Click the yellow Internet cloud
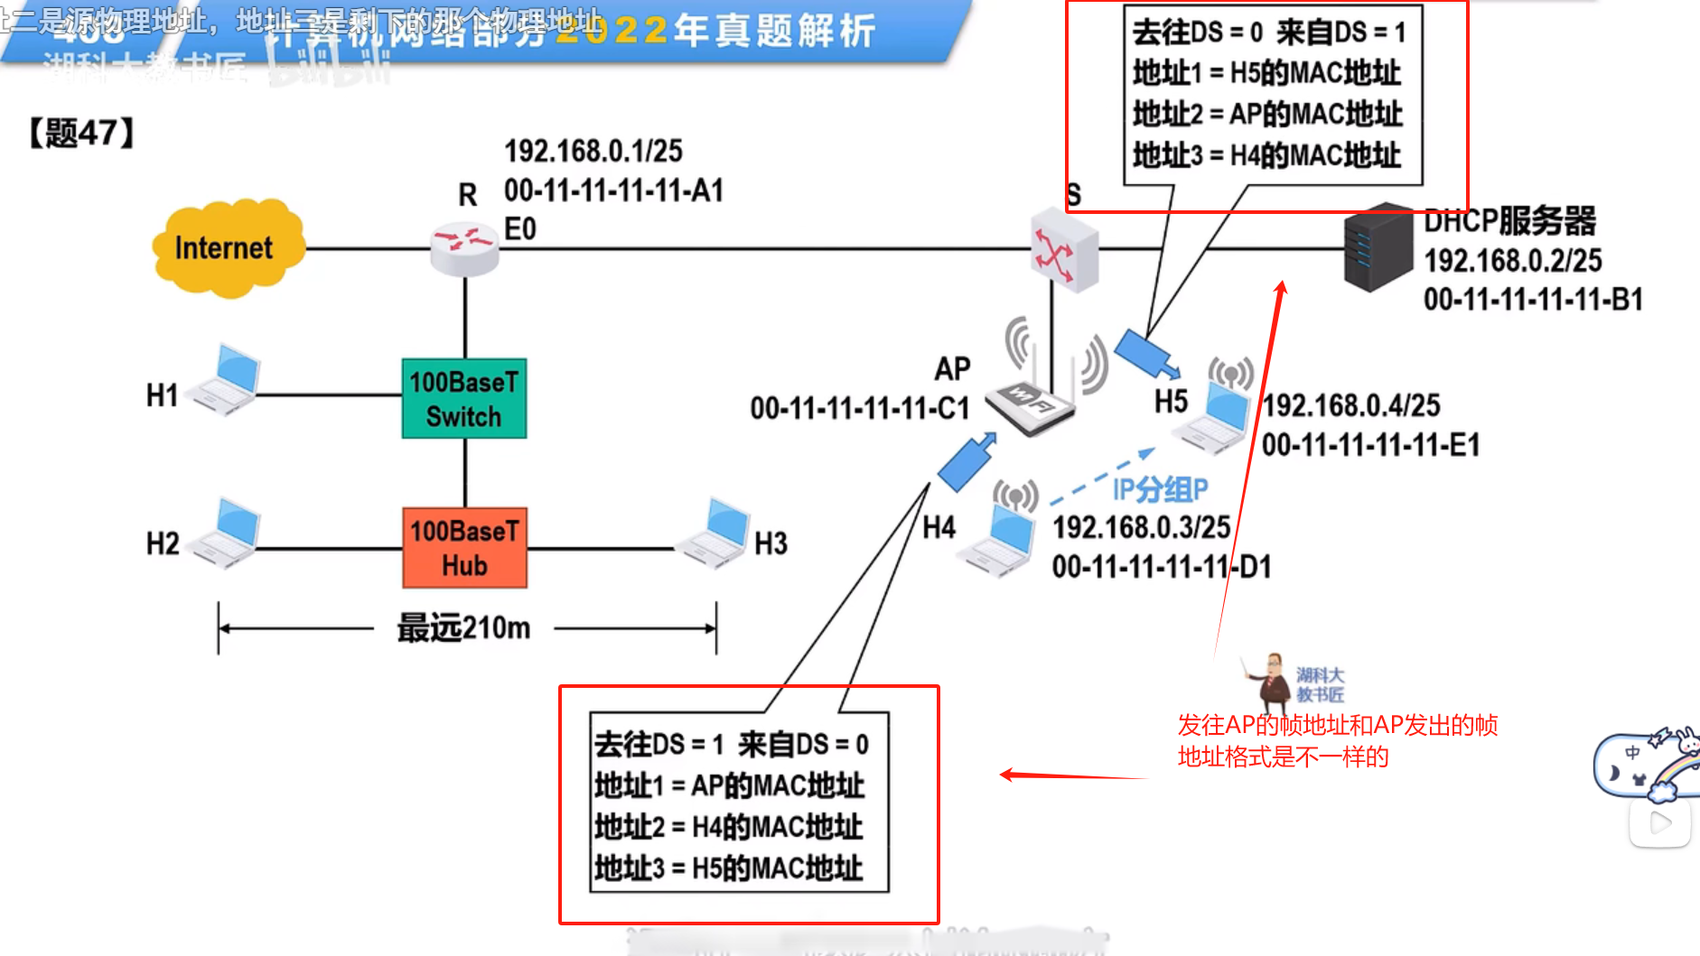pos(227,248)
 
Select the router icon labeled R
pos(464,249)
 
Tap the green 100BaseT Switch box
pos(464,399)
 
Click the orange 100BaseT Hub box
pos(464,548)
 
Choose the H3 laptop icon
pos(716,534)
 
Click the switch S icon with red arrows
pos(1063,249)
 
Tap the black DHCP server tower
pos(1378,247)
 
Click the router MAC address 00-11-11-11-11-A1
pos(613,190)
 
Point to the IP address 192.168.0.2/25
pos(1512,261)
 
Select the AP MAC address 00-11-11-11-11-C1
pos(859,409)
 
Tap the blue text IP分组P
pos(1160,489)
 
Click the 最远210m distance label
pos(463,627)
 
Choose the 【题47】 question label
pos(81,134)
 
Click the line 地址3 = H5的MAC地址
pos(729,868)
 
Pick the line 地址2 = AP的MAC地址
pos(1267,115)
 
